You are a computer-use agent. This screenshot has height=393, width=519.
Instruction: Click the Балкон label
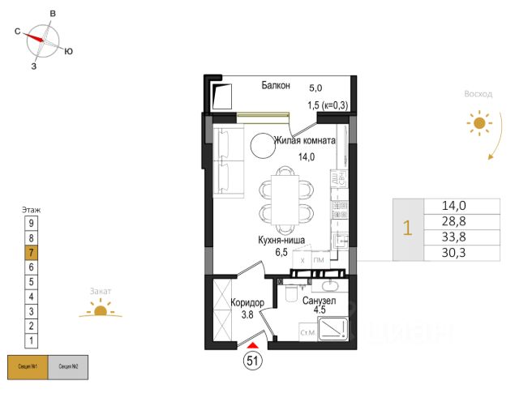275,86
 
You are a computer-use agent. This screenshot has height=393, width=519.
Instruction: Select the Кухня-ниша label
281,240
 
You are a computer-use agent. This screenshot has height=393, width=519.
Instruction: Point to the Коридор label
247,302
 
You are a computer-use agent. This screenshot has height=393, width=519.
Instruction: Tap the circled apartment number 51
252,362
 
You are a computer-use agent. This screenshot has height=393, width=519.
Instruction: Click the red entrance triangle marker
252,346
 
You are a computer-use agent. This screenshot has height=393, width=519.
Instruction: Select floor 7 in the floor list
31,252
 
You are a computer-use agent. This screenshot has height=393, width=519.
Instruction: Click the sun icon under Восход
478,123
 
